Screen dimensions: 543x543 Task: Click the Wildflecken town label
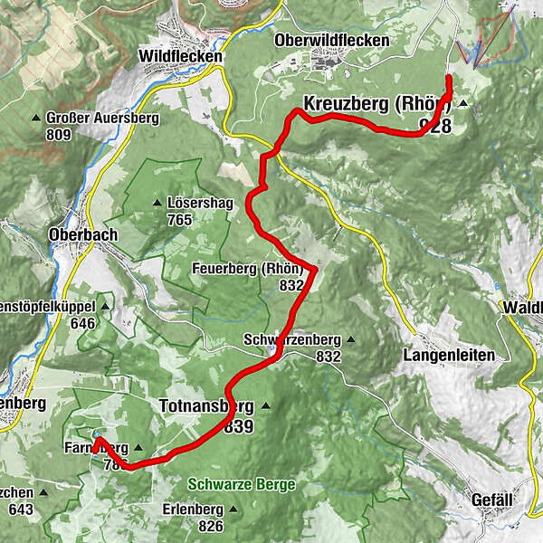click(x=180, y=56)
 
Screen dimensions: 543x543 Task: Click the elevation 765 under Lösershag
click(x=179, y=220)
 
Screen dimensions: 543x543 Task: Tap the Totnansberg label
click(x=207, y=405)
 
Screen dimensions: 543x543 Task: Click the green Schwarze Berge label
click(x=243, y=485)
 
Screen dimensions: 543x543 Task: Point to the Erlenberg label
click(x=192, y=509)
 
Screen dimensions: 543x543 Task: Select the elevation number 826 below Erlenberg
click(x=211, y=525)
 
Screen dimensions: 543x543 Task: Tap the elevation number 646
click(x=82, y=323)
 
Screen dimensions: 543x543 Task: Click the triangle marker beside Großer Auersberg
click(x=36, y=119)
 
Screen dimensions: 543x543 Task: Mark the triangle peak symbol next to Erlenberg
click(x=232, y=509)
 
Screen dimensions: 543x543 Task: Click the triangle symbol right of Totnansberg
click(x=265, y=405)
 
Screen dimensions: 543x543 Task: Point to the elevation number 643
click(x=20, y=510)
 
